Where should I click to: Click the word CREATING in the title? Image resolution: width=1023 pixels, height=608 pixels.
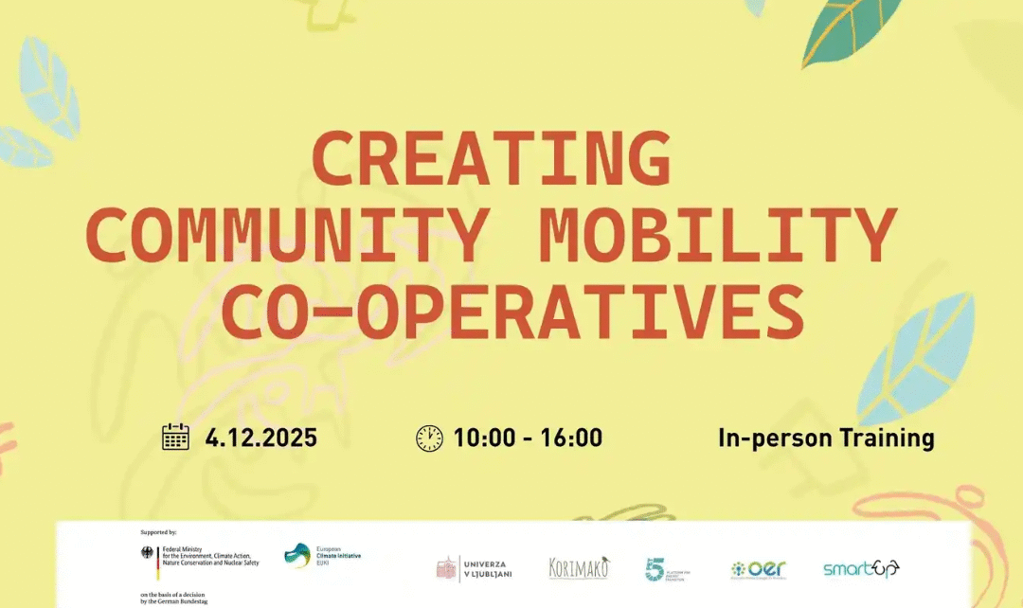(492, 158)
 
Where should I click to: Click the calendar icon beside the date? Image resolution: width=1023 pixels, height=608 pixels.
(176, 438)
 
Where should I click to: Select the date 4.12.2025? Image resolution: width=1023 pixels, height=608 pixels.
(261, 438)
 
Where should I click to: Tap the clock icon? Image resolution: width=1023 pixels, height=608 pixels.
(429, 438)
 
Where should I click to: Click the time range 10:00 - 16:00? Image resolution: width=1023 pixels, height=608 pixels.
(528, 438)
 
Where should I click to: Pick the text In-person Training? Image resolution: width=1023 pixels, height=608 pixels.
(826, 438)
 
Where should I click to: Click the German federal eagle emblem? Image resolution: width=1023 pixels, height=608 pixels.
(147, 555)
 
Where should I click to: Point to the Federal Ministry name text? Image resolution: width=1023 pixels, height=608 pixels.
(210, 555)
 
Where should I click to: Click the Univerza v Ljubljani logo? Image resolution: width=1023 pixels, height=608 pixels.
(474, 568)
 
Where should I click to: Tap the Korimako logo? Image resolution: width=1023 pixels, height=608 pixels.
(579, 568)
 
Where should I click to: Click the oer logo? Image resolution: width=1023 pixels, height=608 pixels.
(758, 569)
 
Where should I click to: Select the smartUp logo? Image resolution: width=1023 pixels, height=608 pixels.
(860, 568)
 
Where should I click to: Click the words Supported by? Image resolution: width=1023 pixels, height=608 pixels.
(158, 533)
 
